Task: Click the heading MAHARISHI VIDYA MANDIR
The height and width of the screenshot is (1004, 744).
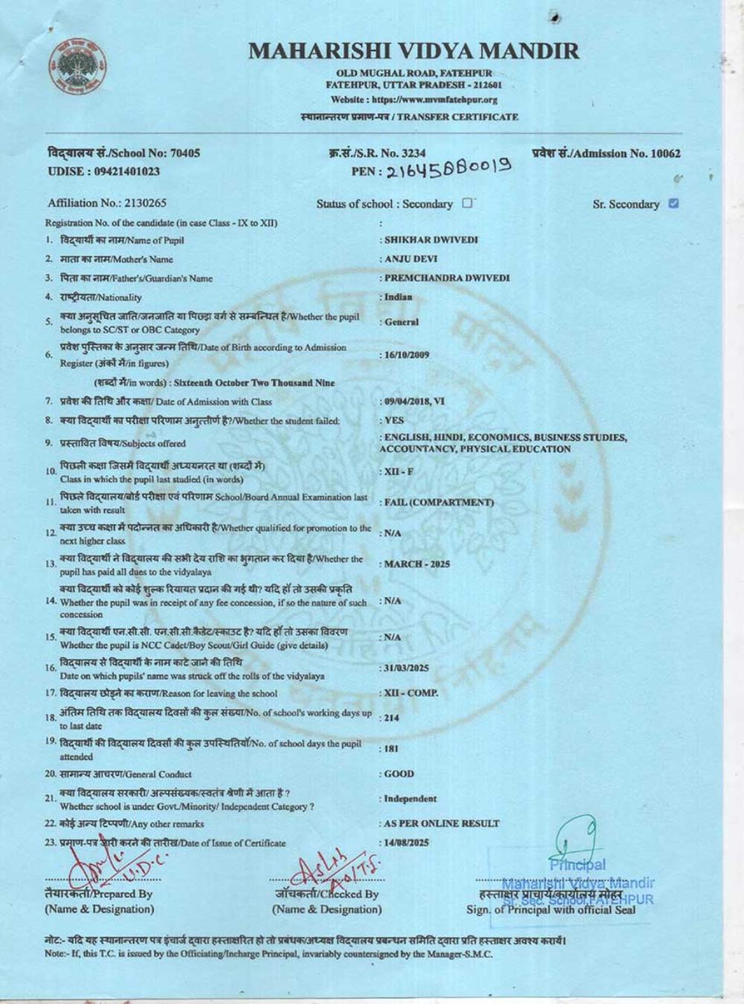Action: click(414, 51)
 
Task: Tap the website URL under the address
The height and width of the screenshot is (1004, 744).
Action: click(414, 100)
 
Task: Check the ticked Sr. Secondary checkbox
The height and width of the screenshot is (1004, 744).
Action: click(673, 203)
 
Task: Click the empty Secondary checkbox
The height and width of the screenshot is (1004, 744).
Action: click(466, 202)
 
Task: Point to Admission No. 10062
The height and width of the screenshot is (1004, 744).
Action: click(606, 154)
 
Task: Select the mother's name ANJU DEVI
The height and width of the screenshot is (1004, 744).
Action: click(411, 260)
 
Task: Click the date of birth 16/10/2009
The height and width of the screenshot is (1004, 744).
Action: click(406, 355)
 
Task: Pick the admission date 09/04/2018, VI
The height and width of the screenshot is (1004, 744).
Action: click(414, 402)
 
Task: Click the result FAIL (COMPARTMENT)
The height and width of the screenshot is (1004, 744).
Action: click(439, 502)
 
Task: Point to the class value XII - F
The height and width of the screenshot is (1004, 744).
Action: click(398, 472)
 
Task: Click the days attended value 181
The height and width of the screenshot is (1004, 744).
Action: click(391, 749)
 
